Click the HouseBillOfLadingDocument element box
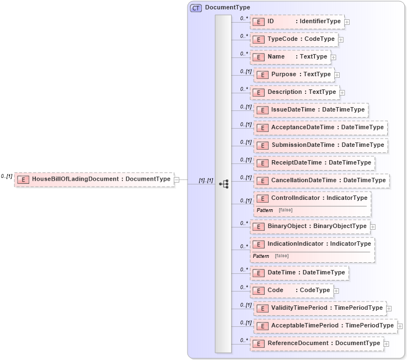[x=94, y=179]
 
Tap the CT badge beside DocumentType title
[x=196, y=8]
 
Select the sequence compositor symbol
[x=224, y=184]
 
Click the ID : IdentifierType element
[x=297, y=22]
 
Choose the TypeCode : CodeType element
[x=294, y=39]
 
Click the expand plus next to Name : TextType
[x=334, y=57]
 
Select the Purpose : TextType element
[x=293, y=75]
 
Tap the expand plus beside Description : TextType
[x=342, y=92]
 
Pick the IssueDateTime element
[x=311, y=110]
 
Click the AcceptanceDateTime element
[x=320, y=128]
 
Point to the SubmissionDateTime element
[x=320, y=145]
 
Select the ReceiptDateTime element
[x=314, y=163]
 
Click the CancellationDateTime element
[x=322, y=181]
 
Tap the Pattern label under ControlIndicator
[x=265, y=210]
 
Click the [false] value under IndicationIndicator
[x=281, y=256]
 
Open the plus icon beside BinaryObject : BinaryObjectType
[x=373, y=226]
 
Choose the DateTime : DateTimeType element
[x=299, y=273]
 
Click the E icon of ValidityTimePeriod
[x=262, y=308]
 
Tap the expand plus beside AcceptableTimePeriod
[x=400, y=326]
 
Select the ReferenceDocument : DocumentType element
[x=317, y=343]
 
